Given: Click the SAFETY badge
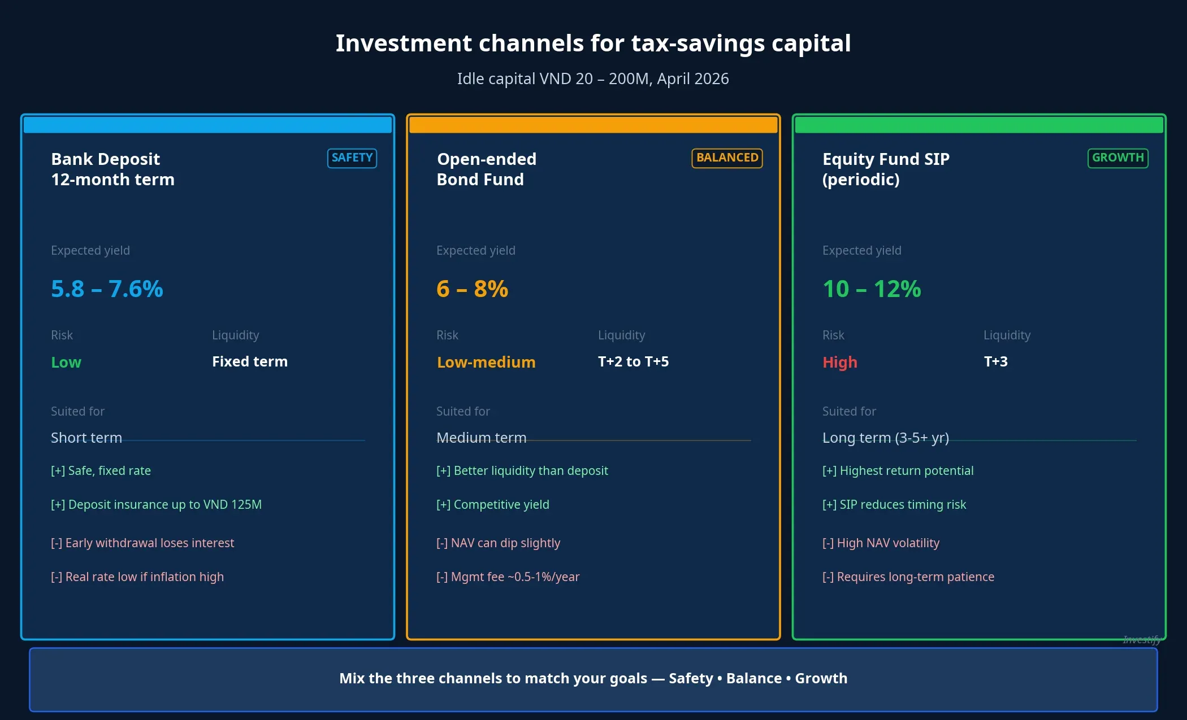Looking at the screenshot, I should [352, 158].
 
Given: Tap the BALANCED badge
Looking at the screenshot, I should [727, 158].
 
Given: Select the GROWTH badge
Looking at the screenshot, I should [1117, 158].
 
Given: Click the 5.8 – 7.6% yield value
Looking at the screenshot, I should [107, 289].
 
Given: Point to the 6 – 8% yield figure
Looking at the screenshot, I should [472, 289].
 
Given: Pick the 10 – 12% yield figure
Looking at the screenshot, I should [872, 289].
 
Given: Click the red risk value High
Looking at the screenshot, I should [839, 362].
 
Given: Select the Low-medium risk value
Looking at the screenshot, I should [486, 362].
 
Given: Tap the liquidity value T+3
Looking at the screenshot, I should [995, 361].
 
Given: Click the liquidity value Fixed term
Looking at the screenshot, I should [249, 361].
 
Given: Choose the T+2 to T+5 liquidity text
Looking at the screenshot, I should [633, 361].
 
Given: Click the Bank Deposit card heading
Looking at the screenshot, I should [112, 169].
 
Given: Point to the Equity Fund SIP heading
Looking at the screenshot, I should [885, 169].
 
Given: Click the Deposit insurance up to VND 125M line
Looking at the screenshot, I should [156, 504].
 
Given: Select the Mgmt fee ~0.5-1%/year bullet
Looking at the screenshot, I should [508, 577].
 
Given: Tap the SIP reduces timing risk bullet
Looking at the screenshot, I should [894, 504].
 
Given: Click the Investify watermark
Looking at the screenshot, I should [1141, 639].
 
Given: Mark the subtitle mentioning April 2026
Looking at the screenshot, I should [593, 78].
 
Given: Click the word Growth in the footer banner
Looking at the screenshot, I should [821, 678].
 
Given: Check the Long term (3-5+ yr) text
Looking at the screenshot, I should [885, 438].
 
